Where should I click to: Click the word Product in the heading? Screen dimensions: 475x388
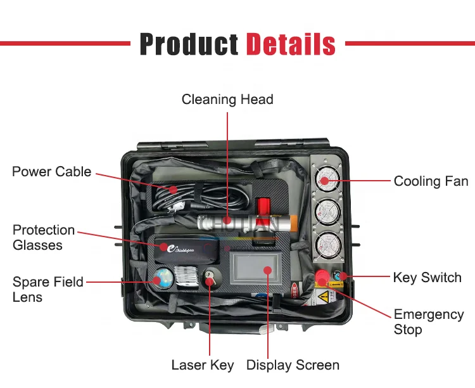[189, 44]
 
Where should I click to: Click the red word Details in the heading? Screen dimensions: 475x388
[291, 44]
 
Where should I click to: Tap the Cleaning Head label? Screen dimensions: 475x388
[227, 100]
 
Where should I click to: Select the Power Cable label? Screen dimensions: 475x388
[52, 172]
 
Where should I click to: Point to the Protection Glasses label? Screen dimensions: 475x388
[44, 237]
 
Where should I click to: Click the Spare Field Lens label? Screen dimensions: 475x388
[47, 289]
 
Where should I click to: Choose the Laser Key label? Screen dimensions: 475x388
[203, 365]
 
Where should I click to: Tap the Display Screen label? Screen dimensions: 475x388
[293, 365]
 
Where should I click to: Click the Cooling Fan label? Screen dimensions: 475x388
[431, 181]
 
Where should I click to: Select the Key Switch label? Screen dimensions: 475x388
[427, 278]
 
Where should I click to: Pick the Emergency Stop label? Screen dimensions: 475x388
[429, 322]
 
